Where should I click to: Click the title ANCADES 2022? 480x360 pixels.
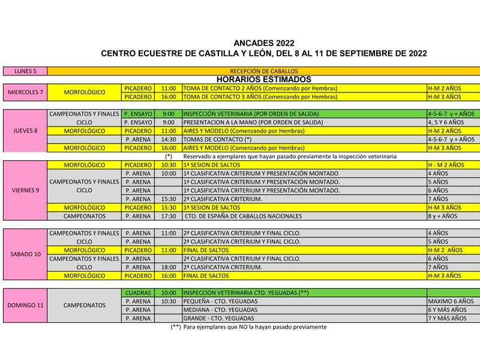pyautogui.click(x=264, y=43)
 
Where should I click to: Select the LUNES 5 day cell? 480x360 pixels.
pyautogui.click(x=25, y=71)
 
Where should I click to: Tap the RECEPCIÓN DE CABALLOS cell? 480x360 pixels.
pyautogui.click(x=263, y=71)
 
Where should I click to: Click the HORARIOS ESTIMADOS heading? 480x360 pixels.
pyautogui.click(x=263, y=79)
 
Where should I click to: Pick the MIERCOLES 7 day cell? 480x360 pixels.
pyautogui.click(x=25, y=92)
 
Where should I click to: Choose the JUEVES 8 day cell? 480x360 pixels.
pyautogui.click(x=25, y=130)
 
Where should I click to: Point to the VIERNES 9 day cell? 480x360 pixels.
pyautogui.click(x=25, y=190)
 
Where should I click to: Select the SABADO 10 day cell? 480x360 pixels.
pyautogui.click(x=25, y=254)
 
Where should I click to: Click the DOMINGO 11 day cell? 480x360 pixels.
pyautogui.click(x=25, y=305)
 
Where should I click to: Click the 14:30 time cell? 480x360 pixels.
pyautogui.click(x=169, y=139)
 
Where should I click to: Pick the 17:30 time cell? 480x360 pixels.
pyautogui.click(x=169, y=216)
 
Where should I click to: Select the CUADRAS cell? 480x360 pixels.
pyautogui.click(x=138, y=292)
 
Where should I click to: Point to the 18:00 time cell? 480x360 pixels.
pyautogui.click(x=169, y=267)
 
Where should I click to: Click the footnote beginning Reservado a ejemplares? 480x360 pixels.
pyautogui.click(x=290, y=156)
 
